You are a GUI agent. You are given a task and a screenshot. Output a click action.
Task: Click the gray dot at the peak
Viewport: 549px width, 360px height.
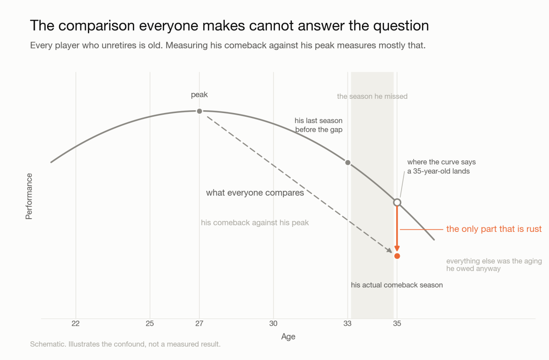pyautogui.click(x=199, y=111)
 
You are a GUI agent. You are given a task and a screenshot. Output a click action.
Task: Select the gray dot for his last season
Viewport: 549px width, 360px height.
pyautogui.click(x=348, y=162)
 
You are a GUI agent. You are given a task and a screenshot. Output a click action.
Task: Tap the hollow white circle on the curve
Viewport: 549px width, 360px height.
pyautogui.click(x=397, y=203)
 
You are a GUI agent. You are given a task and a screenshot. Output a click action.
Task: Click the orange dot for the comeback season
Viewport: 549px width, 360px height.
pyautogui.click(x=397, y=256)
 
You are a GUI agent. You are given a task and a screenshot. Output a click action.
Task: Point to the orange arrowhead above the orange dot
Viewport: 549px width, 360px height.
pyautogui.click(x=397, y=248)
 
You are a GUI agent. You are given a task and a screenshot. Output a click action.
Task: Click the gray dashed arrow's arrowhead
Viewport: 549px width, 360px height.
pyautogui.click(x=389, y=250)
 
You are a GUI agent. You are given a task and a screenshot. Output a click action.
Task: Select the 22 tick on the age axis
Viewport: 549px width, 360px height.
pyautogui.click(x=75, y=323)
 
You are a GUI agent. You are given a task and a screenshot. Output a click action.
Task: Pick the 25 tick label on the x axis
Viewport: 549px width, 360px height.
pyautogui.click(x=150, y=323)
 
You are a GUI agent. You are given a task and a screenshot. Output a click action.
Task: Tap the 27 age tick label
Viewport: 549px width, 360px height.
pyautogui.click(x=199, y=323)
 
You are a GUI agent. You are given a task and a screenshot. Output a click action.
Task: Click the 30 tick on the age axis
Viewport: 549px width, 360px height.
pyautogui.click(x=273, y=323)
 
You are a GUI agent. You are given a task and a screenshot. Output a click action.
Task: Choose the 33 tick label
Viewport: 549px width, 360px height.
pyautogui.click(x=347, y=323)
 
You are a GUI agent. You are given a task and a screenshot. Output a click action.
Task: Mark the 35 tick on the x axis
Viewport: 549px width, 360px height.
pyautogui.click(x=397, y=323)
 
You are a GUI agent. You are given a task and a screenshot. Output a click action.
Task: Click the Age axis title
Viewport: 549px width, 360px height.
pyautogui.click(x=288, y=337)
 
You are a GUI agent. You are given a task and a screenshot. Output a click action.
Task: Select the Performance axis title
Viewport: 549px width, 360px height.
pyautogui.click(x=29, y=196)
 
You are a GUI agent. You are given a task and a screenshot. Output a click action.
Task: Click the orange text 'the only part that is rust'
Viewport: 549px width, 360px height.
pyautogui.click(x=494, y=229)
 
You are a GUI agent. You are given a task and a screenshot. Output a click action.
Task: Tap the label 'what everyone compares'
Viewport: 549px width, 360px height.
pyautogui.click(x=255, y=193)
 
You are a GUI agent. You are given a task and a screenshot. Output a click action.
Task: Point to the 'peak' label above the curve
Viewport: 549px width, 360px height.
pyautogui.click(x=199, y=95)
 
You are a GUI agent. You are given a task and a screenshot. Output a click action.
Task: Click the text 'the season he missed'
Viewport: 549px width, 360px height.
pyautogui.click(x=372, y=97)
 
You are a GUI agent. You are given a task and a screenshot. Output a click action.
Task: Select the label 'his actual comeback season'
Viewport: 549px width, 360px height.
pyautogui.click(x=397, y=285)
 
